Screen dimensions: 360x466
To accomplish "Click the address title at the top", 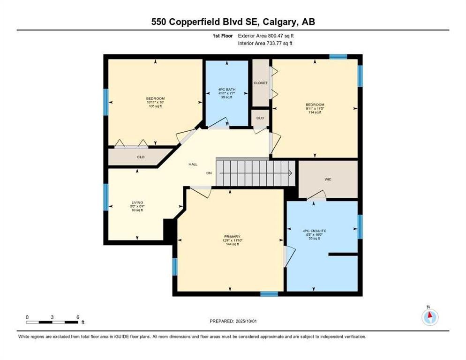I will pos(233,22).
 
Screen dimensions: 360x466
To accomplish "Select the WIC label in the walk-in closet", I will pos(328,179).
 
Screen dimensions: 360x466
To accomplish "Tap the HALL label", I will pos(193,165).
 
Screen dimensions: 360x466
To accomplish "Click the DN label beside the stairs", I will pos(210,173).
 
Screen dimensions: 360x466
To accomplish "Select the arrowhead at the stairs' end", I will pos(290,173).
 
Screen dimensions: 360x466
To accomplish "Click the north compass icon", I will pos(429,317).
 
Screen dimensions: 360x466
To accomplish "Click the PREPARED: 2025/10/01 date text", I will pos(234,321).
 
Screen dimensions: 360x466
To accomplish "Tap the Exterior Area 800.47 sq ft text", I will pos(266,36).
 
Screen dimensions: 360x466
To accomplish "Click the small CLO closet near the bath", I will pos(260,118).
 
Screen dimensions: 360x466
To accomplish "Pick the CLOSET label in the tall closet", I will pos(261,83).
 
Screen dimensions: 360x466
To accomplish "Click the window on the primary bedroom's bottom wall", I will pos(269,294).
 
